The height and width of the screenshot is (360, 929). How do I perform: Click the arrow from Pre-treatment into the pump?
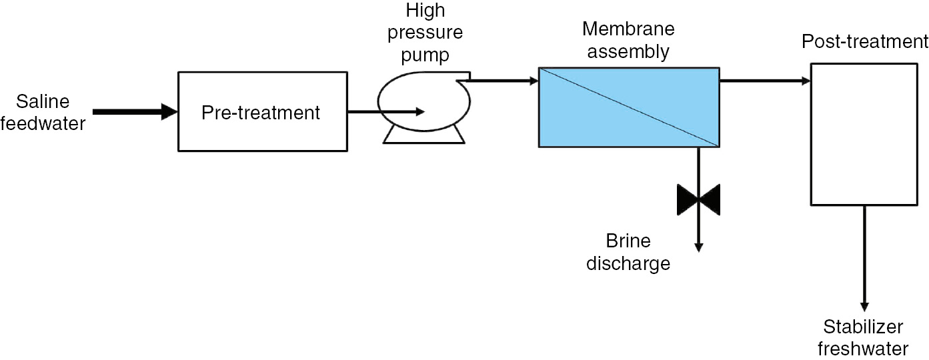coord(386,112)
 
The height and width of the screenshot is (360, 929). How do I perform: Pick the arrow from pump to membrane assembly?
coord(504,81)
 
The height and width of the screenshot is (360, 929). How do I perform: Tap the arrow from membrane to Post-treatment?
coord(764,81)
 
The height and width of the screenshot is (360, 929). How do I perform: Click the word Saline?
coord(43,102)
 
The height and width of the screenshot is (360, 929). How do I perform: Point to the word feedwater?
coord(43,123)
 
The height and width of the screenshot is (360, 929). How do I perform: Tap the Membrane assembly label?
coord(628,40)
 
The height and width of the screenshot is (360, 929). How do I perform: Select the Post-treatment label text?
coord(864,42)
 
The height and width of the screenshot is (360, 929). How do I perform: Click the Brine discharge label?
coord(628,252)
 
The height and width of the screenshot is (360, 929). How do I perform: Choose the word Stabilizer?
coord(863,327)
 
